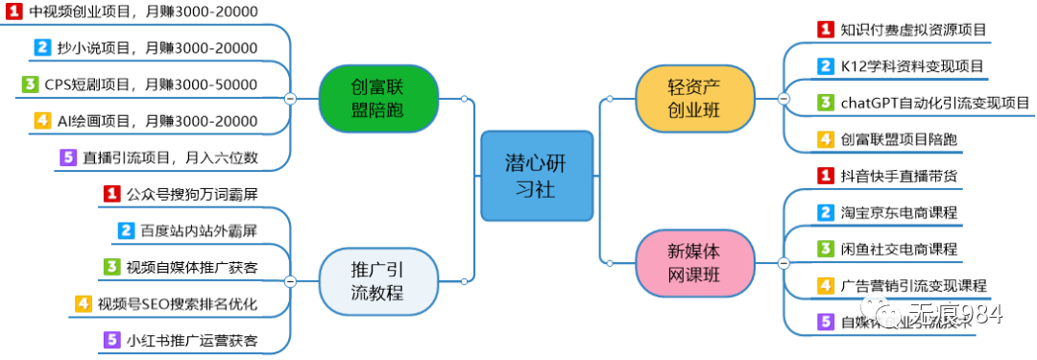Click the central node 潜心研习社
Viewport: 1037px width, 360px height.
click(537, 175)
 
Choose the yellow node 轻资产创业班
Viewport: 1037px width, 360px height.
click(693, 98)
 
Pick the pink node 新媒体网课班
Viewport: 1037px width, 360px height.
click(693, 262)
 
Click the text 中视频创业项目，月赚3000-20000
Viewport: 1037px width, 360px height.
click(143, 11)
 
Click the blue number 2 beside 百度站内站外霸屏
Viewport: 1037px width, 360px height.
click(126, 230)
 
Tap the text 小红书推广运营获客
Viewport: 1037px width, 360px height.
click(192, 340)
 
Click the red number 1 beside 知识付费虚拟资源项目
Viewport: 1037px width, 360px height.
click(825, 30)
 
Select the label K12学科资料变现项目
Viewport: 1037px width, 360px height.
click(911, 66)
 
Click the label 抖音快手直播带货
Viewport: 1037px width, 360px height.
click(898, 176)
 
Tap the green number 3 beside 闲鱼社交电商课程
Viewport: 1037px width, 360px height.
click(825, 249)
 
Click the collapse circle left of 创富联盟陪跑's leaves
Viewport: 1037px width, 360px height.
click(290, 98)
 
